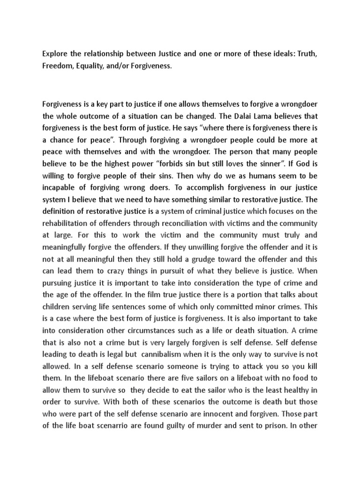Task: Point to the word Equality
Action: click(96, 67)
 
